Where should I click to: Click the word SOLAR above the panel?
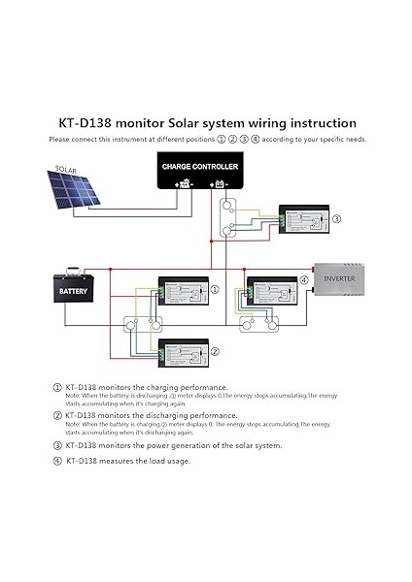[x=66, y=169]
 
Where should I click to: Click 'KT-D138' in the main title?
[x=86, y=123]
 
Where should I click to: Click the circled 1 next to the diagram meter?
[x=215, y=289]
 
